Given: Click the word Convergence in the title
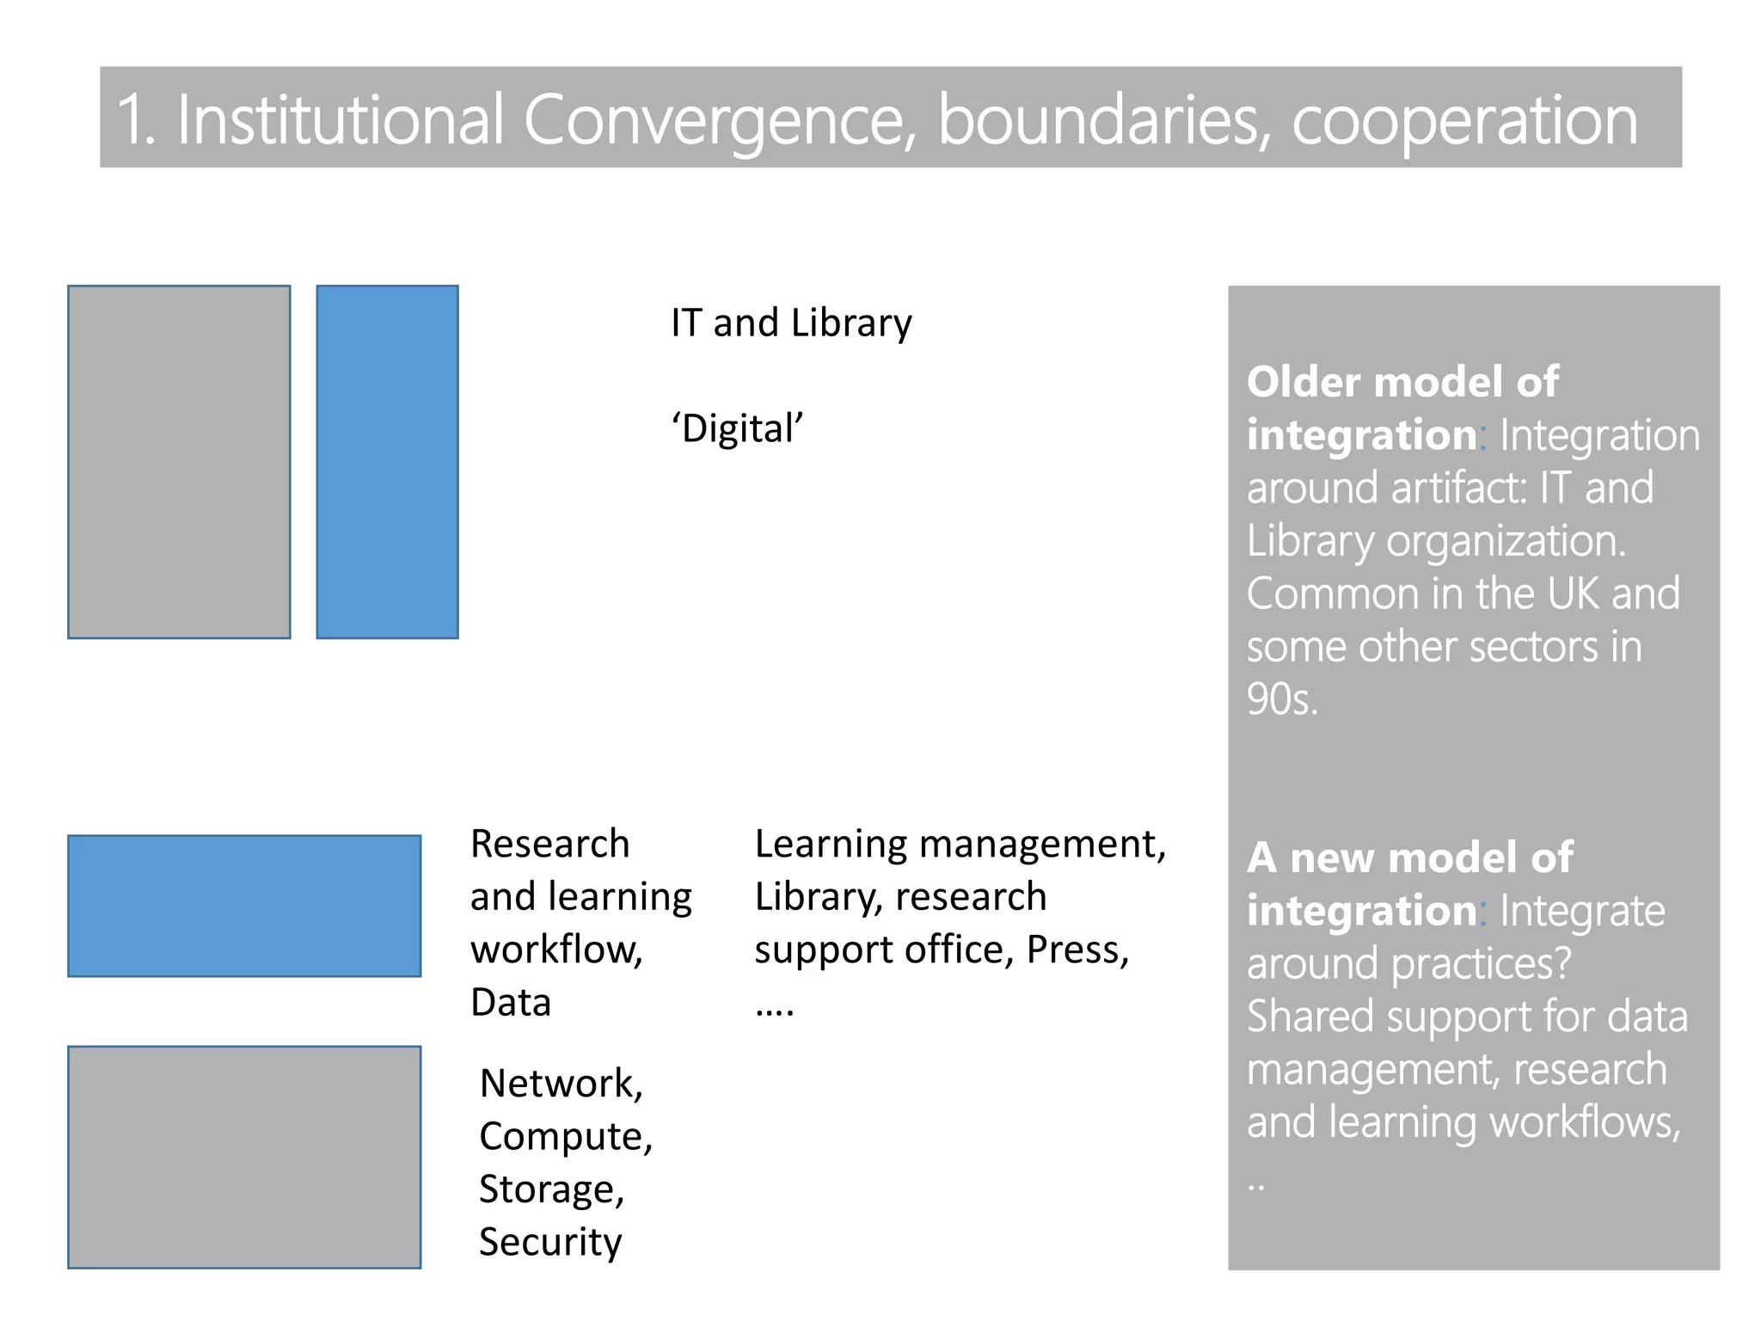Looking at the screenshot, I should coord(718,120).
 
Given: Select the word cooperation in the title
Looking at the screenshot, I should coord(1464,120).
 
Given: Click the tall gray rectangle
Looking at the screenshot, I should coord(179,462).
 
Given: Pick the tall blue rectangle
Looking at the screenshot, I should coord(387,462).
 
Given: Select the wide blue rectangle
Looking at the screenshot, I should coord(244,906).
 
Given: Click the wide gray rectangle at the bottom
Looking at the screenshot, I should coord(244,1157).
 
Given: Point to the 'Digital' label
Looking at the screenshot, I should coord(737,428).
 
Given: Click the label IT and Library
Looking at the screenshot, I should coord(791,323).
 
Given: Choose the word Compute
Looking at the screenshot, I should coord(565,1137).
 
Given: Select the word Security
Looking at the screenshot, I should coord(550,1242).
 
